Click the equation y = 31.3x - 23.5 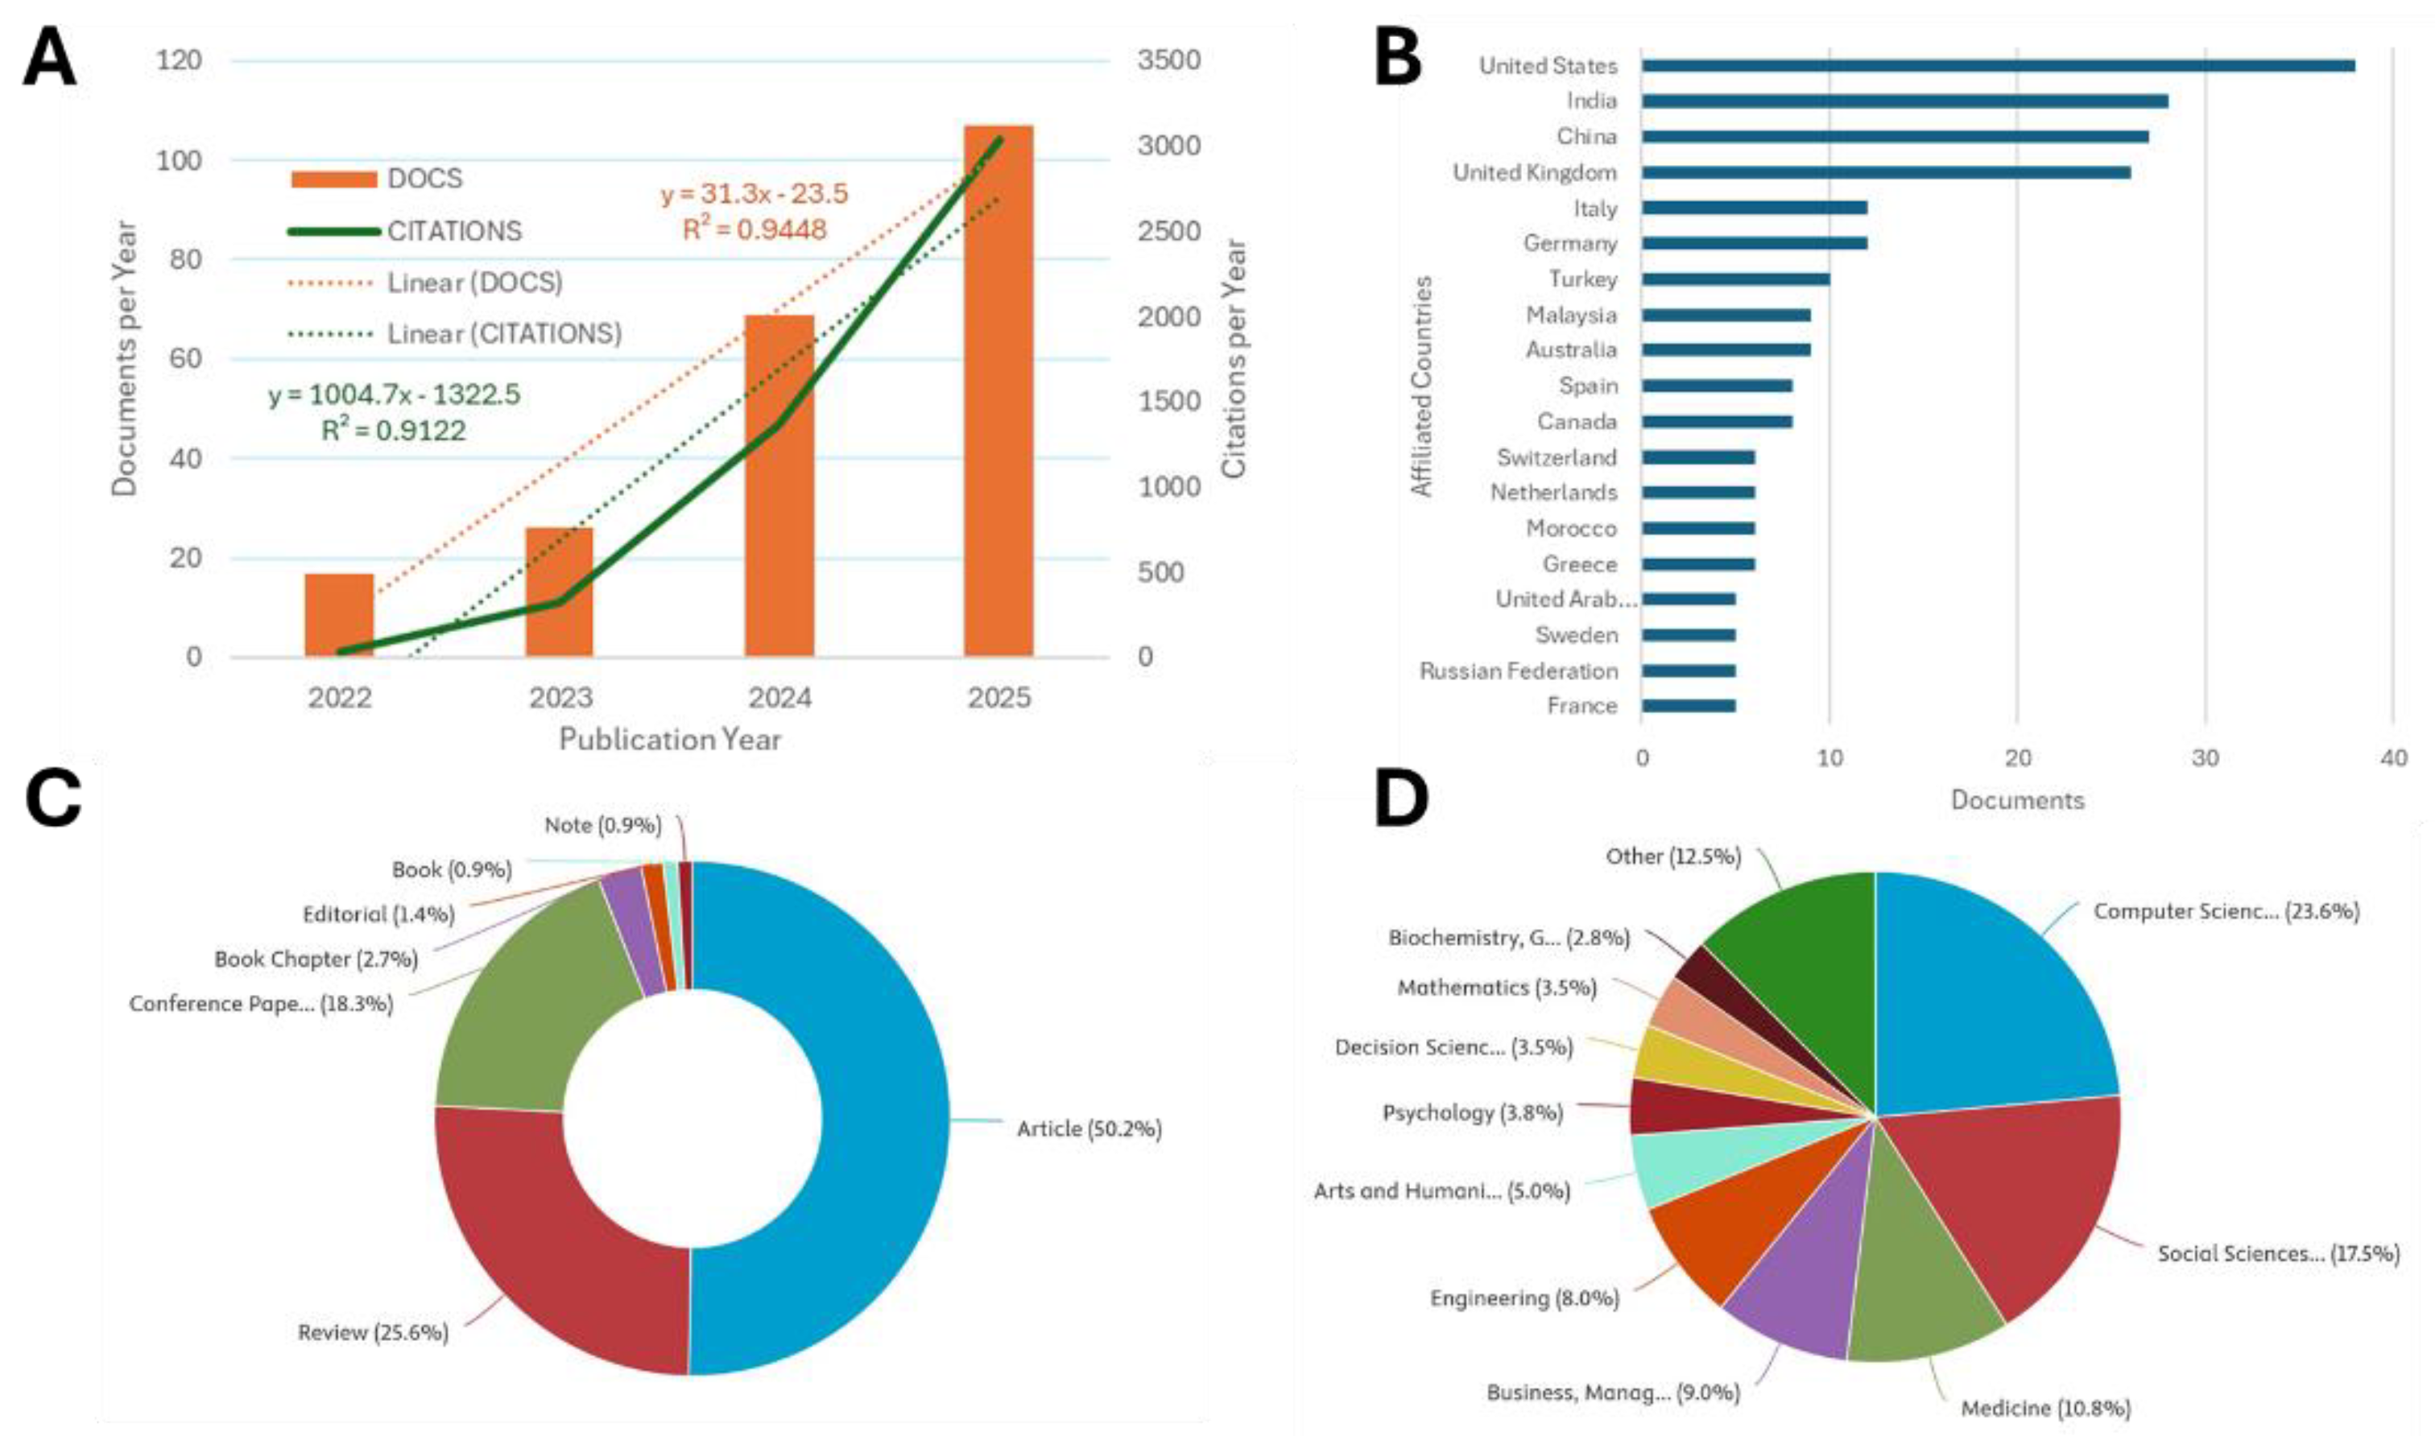(754, 193)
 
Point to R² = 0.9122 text (393, 431)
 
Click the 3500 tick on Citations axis (1168, 60)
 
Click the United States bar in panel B (1997, 66)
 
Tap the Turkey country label (1582, 279)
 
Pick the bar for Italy (1754, 208)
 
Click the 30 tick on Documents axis (2205, 757)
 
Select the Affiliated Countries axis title (1420, 387)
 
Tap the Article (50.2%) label (1089, 1129)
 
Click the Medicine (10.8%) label (2045, 1408)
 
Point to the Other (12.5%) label (1672, 856)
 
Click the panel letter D (1400, 800)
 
